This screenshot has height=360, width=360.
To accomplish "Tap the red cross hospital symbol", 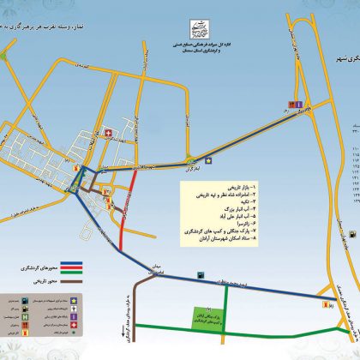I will (x=109, y=132).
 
